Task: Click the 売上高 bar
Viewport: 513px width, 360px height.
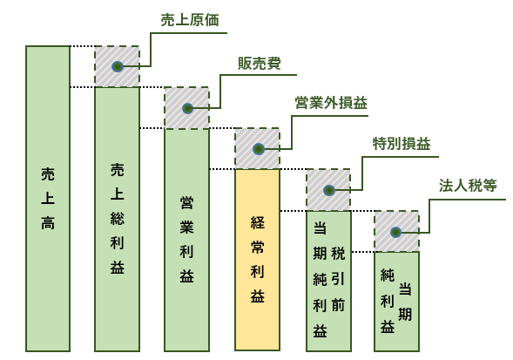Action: point(48,199)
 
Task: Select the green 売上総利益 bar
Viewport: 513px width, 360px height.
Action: point(117,219)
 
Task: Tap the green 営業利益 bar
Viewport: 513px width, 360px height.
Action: point(186,240)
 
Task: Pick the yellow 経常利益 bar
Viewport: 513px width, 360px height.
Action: point(257,260)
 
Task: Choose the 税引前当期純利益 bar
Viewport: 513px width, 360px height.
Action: point(328,281)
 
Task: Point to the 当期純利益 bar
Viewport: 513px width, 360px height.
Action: point(396,302)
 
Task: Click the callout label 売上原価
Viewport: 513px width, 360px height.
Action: point(190,20)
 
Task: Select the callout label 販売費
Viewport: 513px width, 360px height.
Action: point(260,64)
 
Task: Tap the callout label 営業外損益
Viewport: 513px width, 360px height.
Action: point(331,103)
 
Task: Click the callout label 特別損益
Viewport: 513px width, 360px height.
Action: point(402,144)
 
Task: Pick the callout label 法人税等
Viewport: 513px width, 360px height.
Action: point(468,186)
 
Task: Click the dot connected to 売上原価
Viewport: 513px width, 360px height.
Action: point(118,66)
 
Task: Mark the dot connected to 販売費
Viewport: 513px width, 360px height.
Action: point(187,108)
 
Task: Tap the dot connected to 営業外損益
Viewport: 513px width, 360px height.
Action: point(259,149)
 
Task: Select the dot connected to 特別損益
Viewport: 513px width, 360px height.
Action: point(329,190)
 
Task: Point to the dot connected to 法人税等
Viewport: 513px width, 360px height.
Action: point(396,232)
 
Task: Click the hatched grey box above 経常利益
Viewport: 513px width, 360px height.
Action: point(257,148)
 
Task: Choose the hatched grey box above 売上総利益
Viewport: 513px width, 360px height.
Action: point(117,66)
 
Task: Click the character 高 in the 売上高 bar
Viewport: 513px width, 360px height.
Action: point(48,223)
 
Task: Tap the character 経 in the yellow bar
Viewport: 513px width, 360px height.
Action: point(258,222)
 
